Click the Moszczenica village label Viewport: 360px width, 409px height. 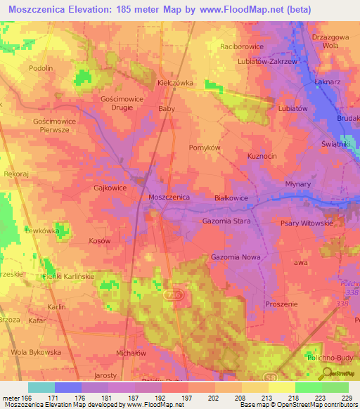click(169, 197)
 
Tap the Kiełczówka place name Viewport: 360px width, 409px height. click(175, 82)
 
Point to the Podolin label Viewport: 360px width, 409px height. click(41, 68)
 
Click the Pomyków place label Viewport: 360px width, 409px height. click(205, 148)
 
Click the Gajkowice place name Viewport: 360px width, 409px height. click(109, 188)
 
